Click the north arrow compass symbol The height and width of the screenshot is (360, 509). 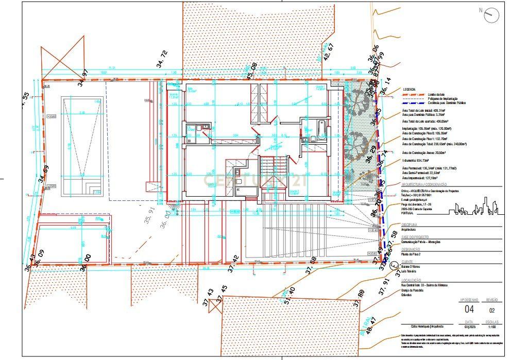coord(492,15)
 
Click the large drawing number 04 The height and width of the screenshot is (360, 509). coord(469,309)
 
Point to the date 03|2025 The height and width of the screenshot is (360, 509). coord(469,327)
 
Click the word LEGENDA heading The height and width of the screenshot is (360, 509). coord(410,89)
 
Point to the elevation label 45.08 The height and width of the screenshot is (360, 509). coord(252,71)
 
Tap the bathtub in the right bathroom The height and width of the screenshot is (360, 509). coord(321,126)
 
